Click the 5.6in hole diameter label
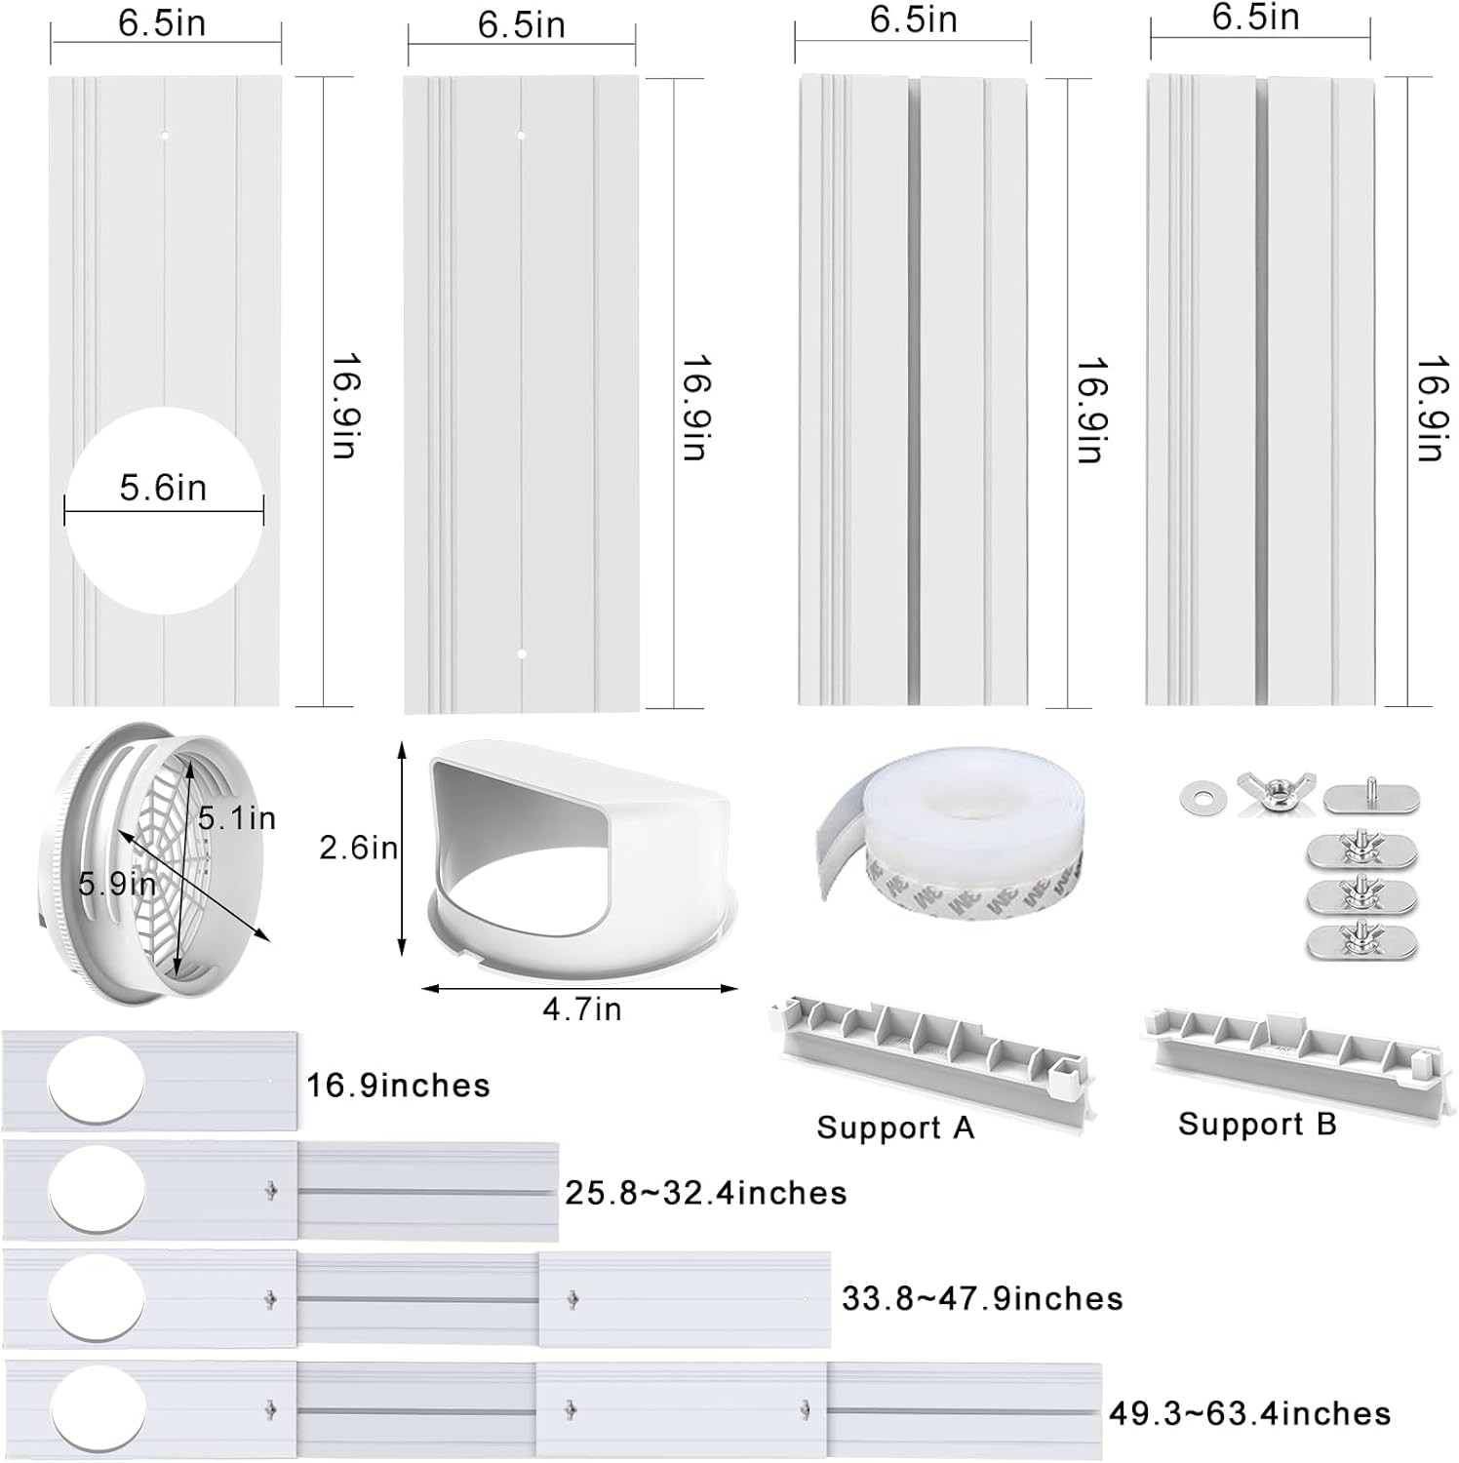pos(163,487)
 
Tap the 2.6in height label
pos(359,848)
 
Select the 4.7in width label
pos(582,1008)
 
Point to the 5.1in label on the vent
pos(237,818)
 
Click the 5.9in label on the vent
pos(117,884)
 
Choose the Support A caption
pos(895,1127)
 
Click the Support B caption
pos(1257,1124)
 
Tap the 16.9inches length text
pos(398,1086)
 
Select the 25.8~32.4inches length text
pos(706,1193)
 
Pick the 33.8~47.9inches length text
pos(982,1299)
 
